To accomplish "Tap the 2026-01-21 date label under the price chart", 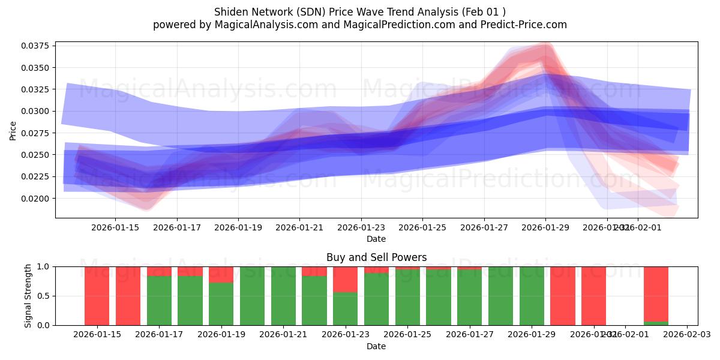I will click(299, 227).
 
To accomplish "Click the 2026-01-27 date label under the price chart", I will click(484, 227).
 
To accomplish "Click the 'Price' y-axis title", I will click(13, 130).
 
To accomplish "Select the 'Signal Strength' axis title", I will click(28, 295).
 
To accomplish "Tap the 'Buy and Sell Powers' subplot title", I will click(376, 257).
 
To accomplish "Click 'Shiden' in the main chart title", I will click(230, 12).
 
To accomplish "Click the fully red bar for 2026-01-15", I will click(97, 296).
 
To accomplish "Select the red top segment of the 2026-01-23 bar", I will click(345, 279).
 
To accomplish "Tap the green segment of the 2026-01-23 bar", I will click(345, 308).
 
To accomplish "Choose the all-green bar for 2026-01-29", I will click(532, 296).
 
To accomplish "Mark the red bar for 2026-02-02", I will click(656, 294).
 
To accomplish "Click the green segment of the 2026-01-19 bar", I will click(221, 304).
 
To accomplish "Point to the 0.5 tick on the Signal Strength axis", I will click(46, 296).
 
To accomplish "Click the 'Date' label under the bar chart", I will click(376, 346).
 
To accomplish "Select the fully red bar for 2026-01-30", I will click(563, 296).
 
